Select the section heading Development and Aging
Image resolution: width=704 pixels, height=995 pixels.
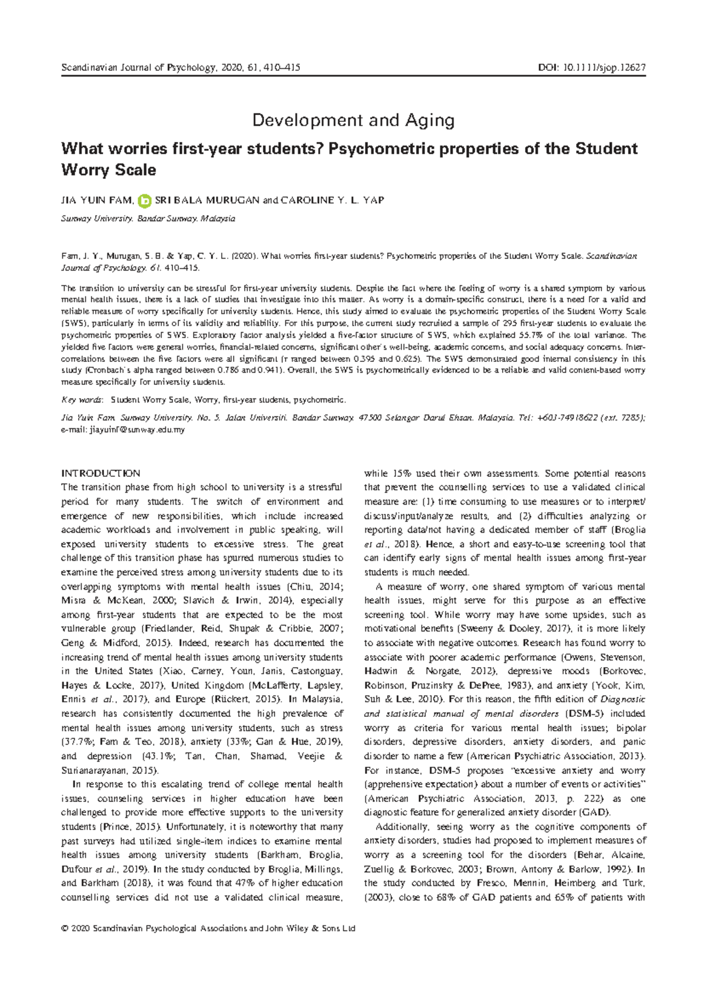tap(353, 120)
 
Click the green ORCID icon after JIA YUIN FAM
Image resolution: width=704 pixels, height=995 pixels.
tap(144, 201)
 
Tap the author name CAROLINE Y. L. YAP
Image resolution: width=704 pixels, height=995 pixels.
tap(332, 201)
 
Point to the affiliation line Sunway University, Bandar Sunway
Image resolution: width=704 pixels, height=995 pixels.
tap(148, 219)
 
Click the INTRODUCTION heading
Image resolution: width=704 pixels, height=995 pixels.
tap(101, 473)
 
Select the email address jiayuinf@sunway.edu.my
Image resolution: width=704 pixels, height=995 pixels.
tap(137, 430)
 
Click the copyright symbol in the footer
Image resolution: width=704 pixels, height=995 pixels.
tap(65, 929)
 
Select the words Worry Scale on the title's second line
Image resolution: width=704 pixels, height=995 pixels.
tap(109, 171)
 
